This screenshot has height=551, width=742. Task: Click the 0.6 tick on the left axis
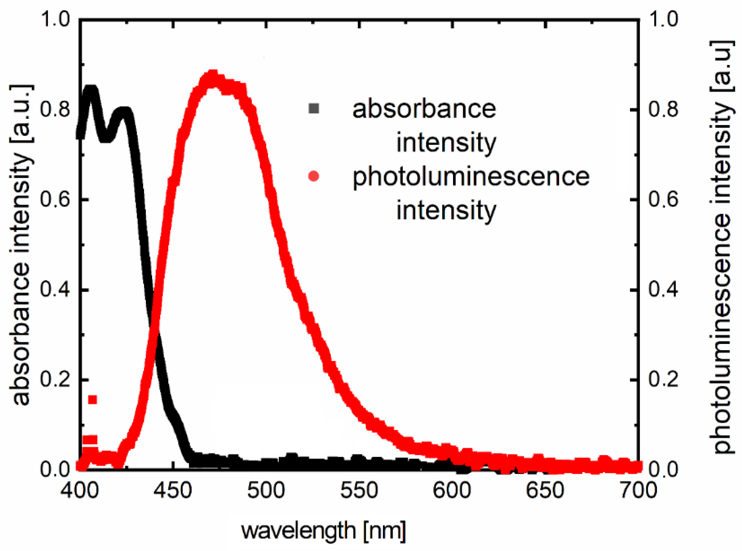click(x=55, y=199)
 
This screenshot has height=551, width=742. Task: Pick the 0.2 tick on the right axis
click(x=663, y=379)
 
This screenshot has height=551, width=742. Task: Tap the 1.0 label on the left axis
click(x=55, y=19)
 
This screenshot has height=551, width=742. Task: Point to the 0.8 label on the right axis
click(x=663, y=109)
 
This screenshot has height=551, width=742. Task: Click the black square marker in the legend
click(x=314, y=109)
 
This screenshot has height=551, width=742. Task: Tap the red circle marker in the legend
click(x=314, y=176)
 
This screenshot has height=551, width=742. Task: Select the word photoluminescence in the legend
click(x=471, y=177)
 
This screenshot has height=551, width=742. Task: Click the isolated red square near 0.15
click(x=92, y=400)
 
